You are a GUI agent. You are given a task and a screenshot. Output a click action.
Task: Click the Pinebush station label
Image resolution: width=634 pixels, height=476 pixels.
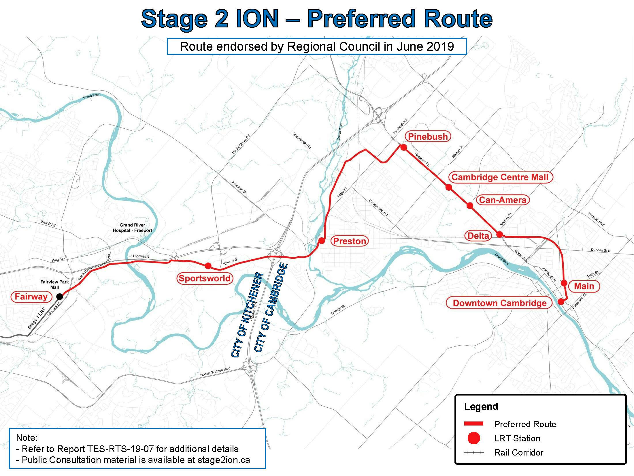tap(428, 136)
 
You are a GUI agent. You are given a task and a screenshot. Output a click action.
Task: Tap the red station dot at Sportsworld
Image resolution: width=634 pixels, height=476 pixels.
tap(208, 266)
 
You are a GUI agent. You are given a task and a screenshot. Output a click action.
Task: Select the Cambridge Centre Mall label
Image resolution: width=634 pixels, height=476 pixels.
tap(500, 177)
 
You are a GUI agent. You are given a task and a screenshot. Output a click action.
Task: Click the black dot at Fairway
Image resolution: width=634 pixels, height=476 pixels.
tap(60, 297)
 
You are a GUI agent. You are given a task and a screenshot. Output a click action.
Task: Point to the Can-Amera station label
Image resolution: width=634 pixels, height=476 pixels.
tap(503, 200)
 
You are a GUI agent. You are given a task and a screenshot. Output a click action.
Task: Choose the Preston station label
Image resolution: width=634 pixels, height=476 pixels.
tap(350, 241)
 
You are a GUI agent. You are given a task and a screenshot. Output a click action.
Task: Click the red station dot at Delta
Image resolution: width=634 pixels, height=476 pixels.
tap(499, 234)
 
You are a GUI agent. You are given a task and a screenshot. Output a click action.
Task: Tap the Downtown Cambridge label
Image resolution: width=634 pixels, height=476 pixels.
tap(500, 303)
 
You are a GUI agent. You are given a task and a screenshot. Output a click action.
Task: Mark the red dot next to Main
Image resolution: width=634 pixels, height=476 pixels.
tap(564, 283)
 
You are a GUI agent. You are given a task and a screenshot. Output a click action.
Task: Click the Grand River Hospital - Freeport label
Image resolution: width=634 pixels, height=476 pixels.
tap(132, 228)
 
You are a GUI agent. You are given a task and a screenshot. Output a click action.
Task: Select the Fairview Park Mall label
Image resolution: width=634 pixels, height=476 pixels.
tap(54, 284)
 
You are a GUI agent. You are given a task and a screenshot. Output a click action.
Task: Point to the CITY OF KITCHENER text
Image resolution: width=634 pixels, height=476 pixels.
tap(247, 315)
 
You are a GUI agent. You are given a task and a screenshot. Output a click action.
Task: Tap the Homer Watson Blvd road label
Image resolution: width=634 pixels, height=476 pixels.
tap(215, 372)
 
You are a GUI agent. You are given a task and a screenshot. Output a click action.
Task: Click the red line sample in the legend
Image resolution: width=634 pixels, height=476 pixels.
tap(473, 424)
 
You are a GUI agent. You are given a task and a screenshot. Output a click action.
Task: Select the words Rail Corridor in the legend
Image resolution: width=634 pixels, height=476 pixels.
tap(518, 452)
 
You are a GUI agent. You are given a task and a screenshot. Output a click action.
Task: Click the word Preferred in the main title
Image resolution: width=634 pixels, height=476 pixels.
tap(361, 19)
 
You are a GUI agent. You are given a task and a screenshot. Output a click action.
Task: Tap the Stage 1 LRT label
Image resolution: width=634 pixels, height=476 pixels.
tap(36, 318)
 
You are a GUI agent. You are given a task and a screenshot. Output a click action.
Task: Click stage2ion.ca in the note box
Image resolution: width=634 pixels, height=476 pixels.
tap(224, 460)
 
